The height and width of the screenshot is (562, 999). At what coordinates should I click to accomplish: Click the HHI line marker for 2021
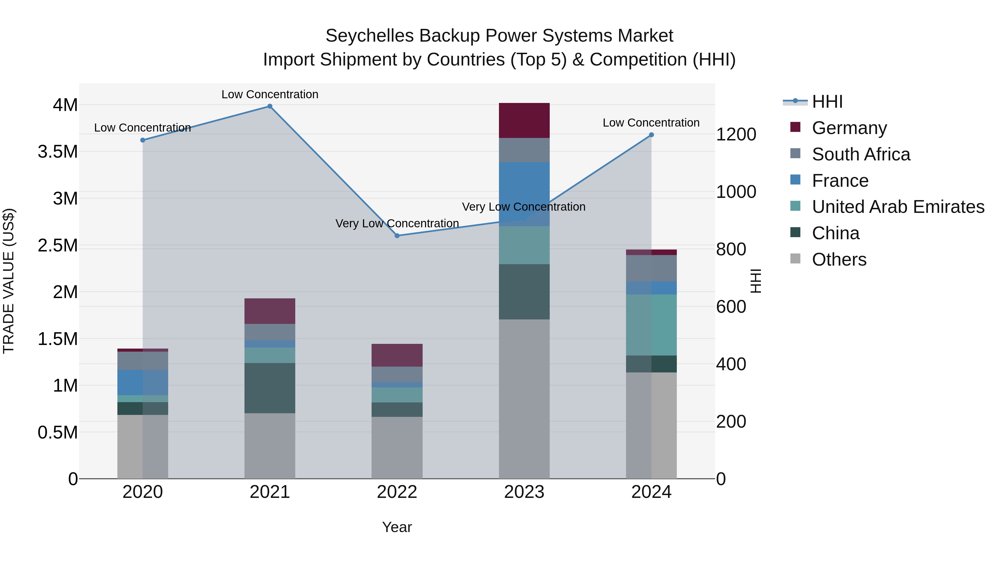point(270,106)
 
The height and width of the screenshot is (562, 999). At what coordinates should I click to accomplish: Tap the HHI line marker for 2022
point(397,235)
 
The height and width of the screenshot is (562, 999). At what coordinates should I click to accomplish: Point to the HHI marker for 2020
point(143,140)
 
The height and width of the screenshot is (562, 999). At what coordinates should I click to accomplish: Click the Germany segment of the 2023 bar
point(524,120)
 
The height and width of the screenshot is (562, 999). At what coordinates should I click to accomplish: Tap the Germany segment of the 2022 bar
point(397,355)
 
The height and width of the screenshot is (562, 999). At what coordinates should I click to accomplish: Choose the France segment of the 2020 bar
point(142,382)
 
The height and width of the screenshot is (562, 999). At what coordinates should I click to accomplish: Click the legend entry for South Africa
point(861,154)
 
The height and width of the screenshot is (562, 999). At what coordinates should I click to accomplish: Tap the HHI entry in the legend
point(827,102)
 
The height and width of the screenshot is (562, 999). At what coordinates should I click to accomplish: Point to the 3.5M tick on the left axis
point(58,152)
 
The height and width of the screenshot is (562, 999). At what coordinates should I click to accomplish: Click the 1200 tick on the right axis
point(736,135)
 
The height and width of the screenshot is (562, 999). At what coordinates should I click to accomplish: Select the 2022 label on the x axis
point(397,492)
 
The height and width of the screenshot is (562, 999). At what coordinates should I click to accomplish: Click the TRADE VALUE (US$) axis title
point(9,281)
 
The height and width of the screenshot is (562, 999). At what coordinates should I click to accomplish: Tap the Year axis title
point(397,527)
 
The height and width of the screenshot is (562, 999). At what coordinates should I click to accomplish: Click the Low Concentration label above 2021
point(270,94)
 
